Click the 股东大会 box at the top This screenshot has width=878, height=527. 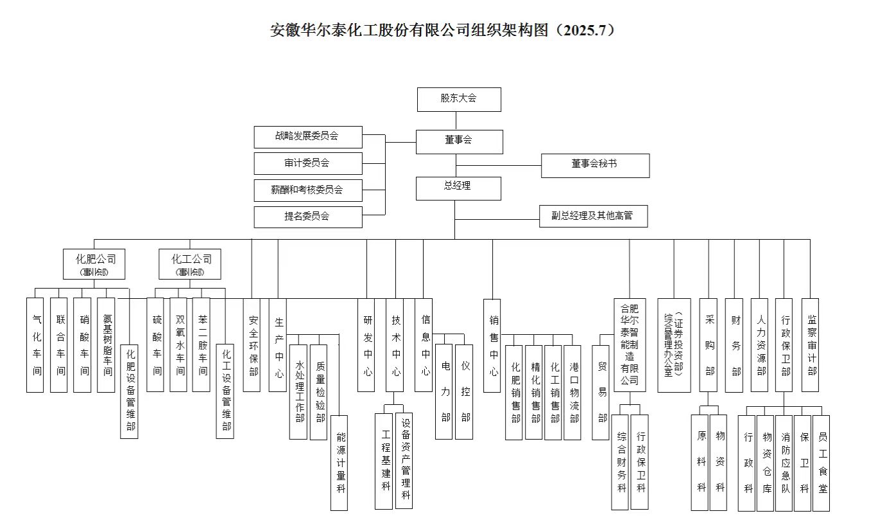coord(458,99)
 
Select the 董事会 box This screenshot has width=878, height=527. coord(458,141)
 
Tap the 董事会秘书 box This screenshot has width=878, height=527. coord(594,165)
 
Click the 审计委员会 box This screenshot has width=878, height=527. coord(307,163)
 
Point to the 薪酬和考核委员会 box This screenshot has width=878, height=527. coord(307,190)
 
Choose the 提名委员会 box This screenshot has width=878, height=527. coord(307,217)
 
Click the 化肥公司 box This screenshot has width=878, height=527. coord(94,263)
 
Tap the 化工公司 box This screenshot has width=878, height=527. coord(190,263)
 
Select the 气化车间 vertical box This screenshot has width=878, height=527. coord(35,344)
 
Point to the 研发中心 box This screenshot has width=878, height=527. coord(366,344)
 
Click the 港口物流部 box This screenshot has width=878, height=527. coord(573,392)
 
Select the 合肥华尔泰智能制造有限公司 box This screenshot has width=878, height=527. coord(630,344)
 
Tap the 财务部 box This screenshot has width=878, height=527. coord(734,344)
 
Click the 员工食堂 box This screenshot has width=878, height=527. coord(822,463)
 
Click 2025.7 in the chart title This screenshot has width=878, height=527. coord(585,30)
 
